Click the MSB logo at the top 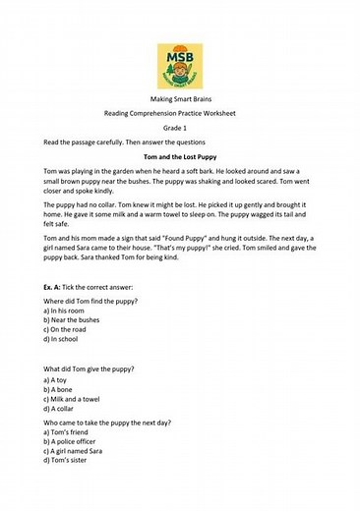coord(180,66)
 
